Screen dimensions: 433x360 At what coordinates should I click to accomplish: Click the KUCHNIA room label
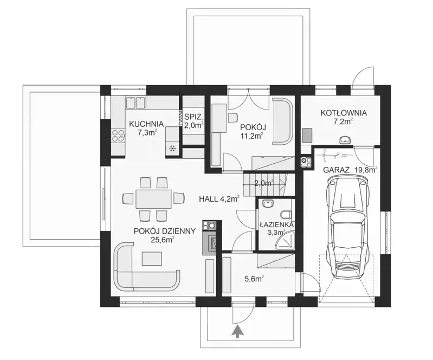click(146, 124)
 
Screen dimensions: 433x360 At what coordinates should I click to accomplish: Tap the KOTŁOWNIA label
click(344, 113)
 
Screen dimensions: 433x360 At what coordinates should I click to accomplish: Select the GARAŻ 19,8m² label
click(351, 169)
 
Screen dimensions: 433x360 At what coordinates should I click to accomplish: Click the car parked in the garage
click(348, 227)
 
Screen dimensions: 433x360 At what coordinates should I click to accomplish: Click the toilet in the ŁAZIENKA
click(287, 214)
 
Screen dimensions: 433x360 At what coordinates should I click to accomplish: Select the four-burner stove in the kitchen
click(118, 136)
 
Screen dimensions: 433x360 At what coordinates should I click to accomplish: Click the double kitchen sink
click(136, 102)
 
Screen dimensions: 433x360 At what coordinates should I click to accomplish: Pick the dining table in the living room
click(153, 198)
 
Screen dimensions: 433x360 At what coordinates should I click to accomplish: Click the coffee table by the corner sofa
click(152, 259)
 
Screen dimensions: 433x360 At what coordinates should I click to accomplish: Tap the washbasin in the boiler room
click(345, 140)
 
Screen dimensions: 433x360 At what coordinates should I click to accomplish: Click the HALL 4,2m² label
click(219, 199)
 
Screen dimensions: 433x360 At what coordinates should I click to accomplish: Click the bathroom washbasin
click(268, 204)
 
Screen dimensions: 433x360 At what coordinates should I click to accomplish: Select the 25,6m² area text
click(162, 240)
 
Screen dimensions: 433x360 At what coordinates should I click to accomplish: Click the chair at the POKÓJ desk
click(232, 118)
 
